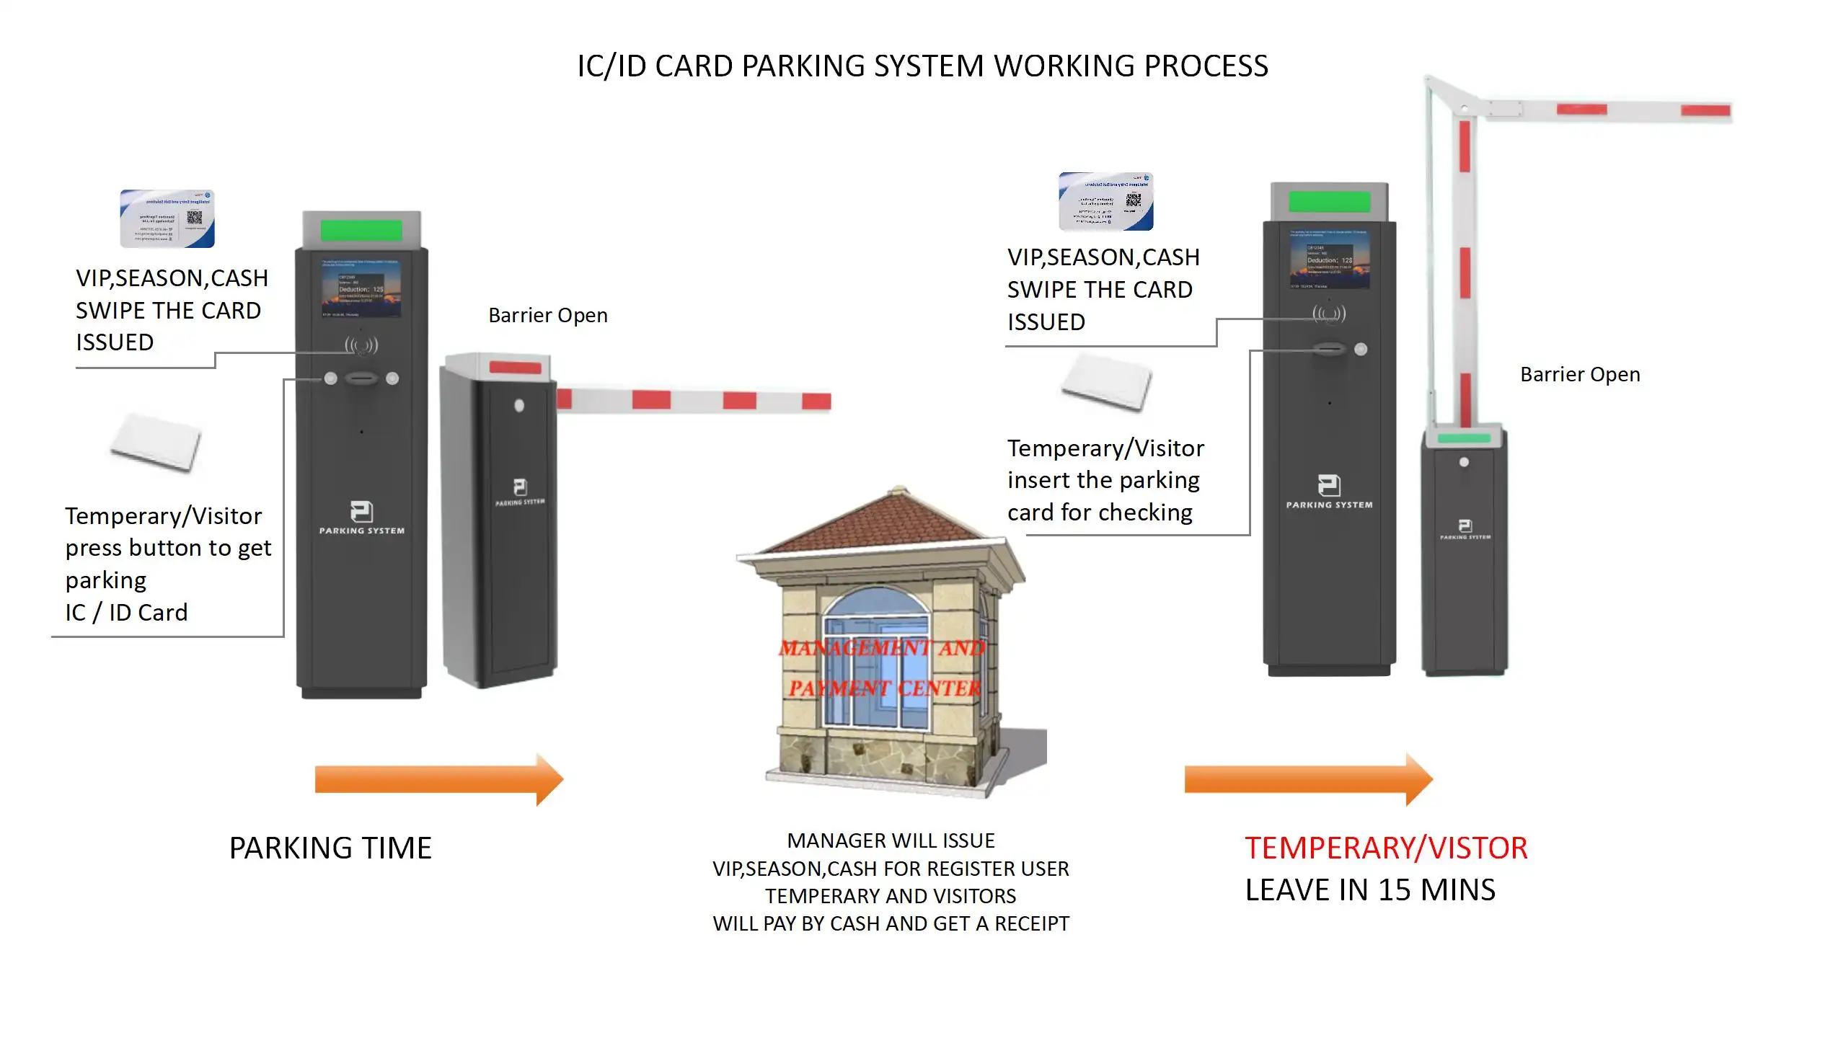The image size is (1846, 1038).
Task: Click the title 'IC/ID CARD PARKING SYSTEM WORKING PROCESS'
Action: coord(922,66)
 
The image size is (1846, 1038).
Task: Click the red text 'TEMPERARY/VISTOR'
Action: coord(1385,848)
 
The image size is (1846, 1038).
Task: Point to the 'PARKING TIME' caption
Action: coord(330,848)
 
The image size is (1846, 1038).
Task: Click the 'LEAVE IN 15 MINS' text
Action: coord(1370,890)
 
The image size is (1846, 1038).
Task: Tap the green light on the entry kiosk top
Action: coord(361,230)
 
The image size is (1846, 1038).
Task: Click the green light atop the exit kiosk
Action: coord(1329,201)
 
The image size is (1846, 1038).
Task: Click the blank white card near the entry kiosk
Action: coord(156,442)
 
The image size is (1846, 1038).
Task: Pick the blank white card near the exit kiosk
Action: coord(1107,382)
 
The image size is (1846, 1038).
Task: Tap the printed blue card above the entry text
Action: coord(167,219)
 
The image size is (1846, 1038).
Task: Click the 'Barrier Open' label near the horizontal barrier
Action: coord(548,316)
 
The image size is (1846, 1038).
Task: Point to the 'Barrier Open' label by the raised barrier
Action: coord(1580,375)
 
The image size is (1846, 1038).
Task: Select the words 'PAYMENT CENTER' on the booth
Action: coord(885,688)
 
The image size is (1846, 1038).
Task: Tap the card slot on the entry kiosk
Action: coord(361,378)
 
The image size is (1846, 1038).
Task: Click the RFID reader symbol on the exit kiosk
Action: coord(1329,314)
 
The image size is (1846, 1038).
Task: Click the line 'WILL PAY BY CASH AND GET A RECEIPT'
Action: coord(891,923)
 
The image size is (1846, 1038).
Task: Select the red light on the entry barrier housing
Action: coord(515,368)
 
